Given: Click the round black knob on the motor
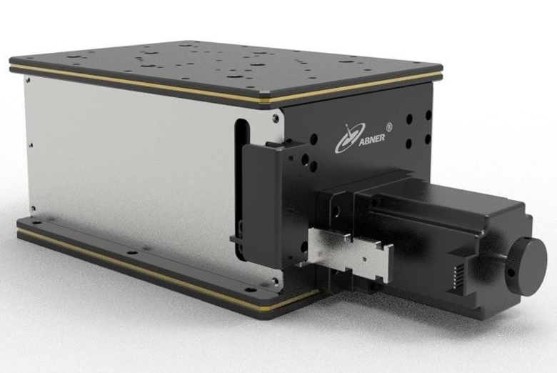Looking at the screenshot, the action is [528, 266].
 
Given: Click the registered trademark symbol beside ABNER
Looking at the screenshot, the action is [388, 126].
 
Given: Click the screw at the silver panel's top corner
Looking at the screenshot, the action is [276, 118].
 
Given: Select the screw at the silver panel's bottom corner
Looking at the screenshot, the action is [275, 281].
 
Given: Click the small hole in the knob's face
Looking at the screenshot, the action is [511, 274].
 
